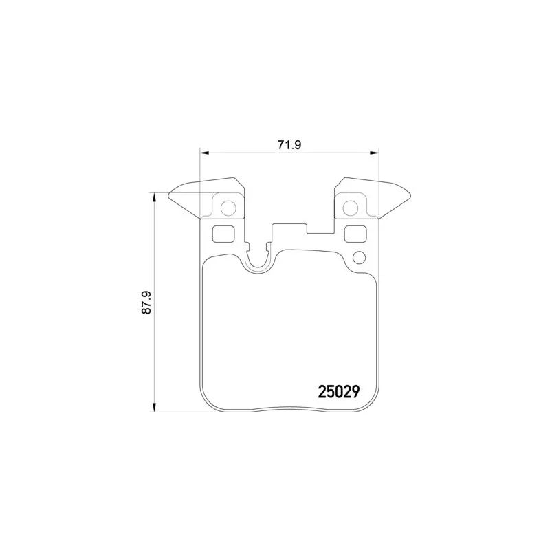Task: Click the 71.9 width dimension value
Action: pos(289,145)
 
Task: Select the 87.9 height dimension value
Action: pos(146,302)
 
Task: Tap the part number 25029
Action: pos(339,392)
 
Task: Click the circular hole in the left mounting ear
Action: pos(228,208)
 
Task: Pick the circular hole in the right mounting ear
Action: pos(351,208)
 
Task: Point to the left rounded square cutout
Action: pos(223,234)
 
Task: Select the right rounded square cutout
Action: pos(355,234)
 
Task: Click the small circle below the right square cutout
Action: pos(359,258)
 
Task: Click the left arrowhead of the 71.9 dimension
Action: pos(204,153)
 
